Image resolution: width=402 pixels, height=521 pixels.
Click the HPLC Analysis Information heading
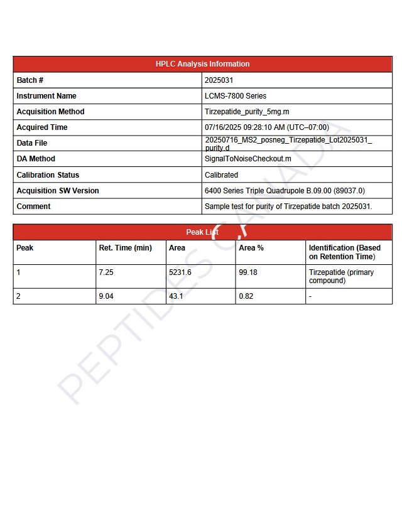coord(202,64)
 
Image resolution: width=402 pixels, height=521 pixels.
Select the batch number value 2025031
coord(219,80)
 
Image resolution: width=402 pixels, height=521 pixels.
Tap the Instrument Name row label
coord(46,96)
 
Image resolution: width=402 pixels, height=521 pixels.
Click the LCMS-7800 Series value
coord(236,96)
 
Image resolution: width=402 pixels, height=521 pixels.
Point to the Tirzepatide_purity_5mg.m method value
coord(247,112)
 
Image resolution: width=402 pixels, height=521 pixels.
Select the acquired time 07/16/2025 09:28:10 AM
coord(266,127)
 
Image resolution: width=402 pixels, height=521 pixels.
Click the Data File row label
coord(32,143)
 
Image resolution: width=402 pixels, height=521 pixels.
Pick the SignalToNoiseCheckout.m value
coord(248,159)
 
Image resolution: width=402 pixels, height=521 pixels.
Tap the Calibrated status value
coord(221,175)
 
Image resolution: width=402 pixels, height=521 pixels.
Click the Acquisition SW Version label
coord(58,191)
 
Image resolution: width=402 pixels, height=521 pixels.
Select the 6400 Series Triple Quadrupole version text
coord(285,191)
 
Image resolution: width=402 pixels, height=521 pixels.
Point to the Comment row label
coord(34,207)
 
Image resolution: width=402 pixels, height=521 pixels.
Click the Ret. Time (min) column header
coord(126,248)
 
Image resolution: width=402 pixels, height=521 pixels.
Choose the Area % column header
coord(251,248)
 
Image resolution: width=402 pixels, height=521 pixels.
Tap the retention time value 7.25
coord(106,272)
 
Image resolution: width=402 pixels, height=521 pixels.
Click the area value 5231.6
coord(180,272)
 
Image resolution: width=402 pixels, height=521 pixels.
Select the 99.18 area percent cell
coord(248,272)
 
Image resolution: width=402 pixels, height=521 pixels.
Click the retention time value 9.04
coord(106,296)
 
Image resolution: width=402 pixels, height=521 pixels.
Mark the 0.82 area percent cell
coord(246,296)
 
